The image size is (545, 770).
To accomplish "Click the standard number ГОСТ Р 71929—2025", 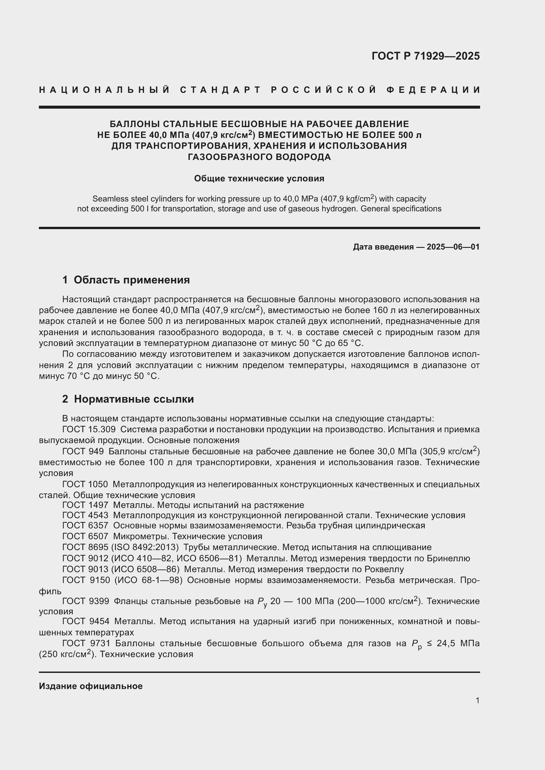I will [425, 56].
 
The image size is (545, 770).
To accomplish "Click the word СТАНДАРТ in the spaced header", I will [220, 90].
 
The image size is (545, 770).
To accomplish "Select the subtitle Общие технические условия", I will [259, 178].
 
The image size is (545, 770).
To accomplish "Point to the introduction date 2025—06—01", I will [453, 247].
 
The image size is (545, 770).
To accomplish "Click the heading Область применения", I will [131, 280].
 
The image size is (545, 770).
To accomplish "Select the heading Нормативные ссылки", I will [133, 399].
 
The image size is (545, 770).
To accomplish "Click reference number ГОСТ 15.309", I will [89, 430].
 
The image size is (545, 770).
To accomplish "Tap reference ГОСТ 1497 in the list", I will [85, 505].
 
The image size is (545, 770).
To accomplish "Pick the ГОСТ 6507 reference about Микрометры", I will [85, 536].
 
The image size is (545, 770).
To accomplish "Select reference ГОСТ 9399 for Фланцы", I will [86, 601].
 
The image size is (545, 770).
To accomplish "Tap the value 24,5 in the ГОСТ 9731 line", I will [446, 644].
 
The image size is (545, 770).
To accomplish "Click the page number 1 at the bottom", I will [477, 701].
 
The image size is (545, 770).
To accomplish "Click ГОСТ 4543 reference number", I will [85, 516].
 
